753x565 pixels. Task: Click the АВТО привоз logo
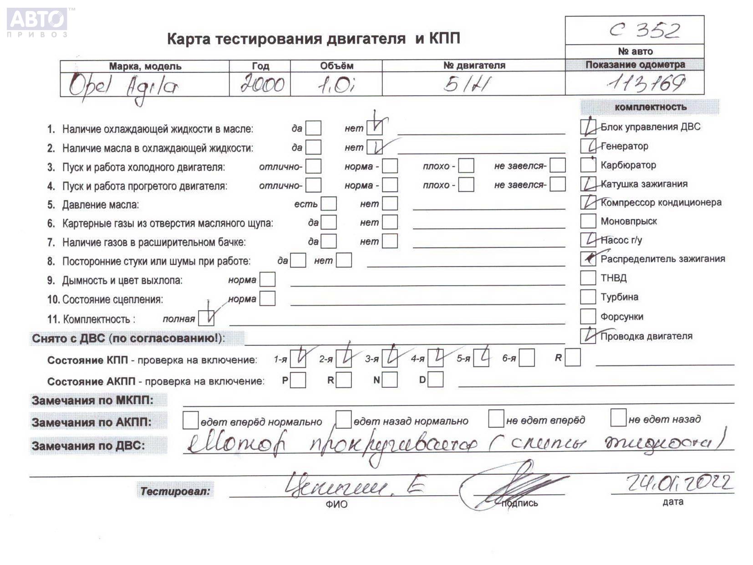pos(37,21)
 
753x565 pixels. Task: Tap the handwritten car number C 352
pos(644,31)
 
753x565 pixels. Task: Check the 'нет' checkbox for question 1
pos(375,128)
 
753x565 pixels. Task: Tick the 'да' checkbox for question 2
pos(313,147)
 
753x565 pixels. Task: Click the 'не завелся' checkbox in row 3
pos(557,165)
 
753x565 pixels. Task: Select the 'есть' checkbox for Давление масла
pos(328,204)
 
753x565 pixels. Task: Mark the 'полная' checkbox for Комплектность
pos(206,318)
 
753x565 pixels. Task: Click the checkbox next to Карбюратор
pos(588,165)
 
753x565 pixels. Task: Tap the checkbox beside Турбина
pos(588,297)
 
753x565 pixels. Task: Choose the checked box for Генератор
pos(588,146)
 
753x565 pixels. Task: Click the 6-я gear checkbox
pos(526,358)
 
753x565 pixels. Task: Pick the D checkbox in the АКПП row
pos(435,380)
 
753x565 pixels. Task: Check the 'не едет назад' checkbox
pos(618,418)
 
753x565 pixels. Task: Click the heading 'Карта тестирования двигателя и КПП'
pos(313,39)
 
